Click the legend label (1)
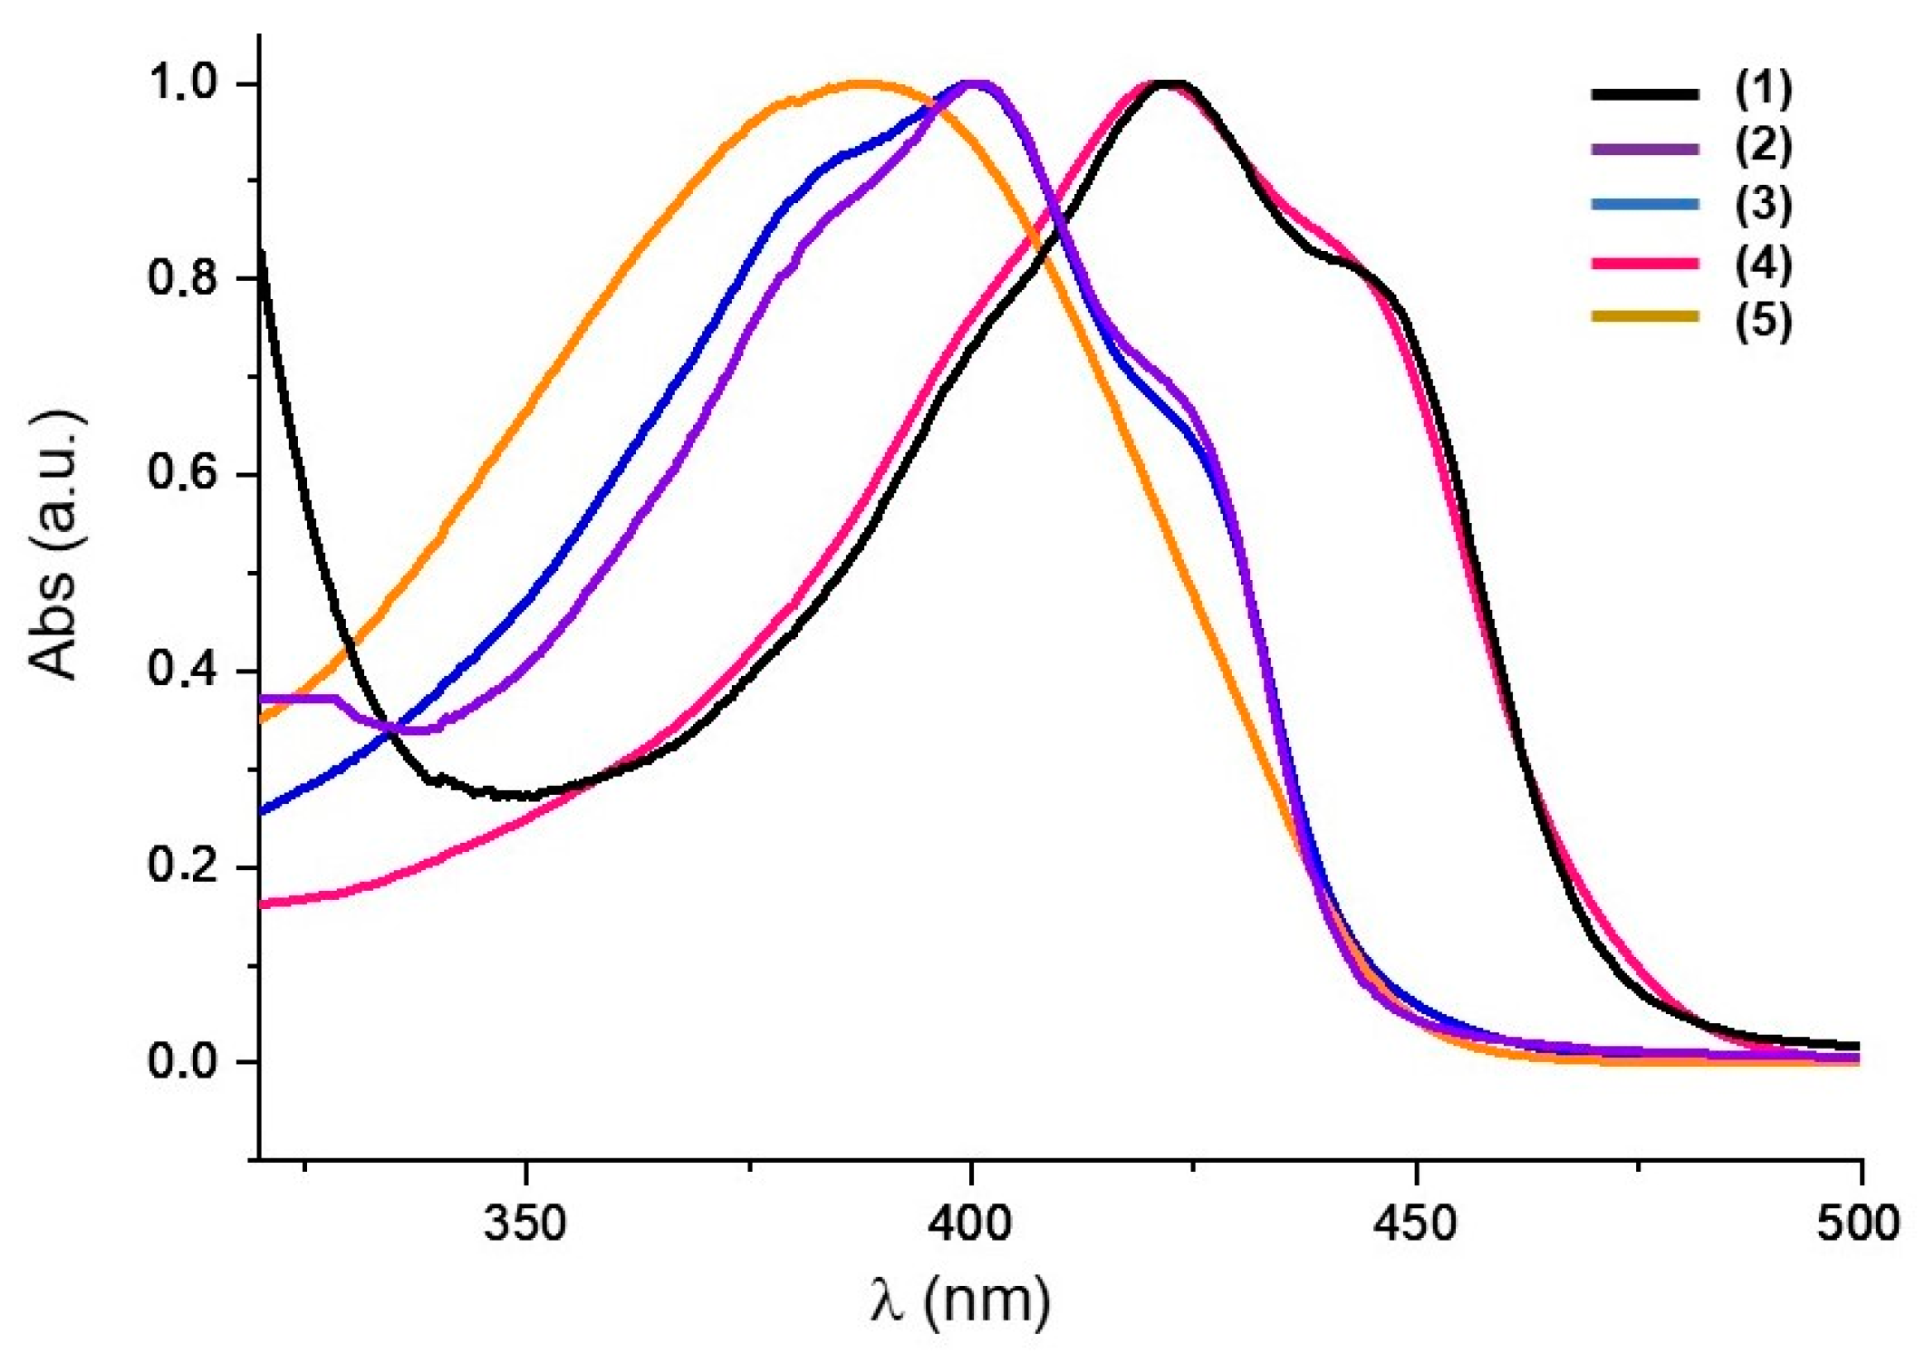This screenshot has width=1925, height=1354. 1762,88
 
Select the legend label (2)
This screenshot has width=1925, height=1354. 1762,146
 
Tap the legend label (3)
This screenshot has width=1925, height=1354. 1762,204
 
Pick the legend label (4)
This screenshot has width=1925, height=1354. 1762,263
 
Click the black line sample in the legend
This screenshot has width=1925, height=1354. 1644,92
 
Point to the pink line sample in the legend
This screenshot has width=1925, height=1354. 1644,264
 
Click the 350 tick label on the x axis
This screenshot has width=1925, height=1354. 525,1223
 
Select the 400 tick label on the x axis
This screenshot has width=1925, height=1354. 970,1223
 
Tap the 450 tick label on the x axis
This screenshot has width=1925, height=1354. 1415,1223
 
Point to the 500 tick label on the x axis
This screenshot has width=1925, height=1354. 1857,1223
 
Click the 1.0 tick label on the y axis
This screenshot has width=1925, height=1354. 184,83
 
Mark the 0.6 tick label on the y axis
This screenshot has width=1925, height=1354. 184,473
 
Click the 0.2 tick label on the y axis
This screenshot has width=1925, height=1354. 184,866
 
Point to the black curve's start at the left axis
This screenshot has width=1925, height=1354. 262,254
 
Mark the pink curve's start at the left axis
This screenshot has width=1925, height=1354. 263,904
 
